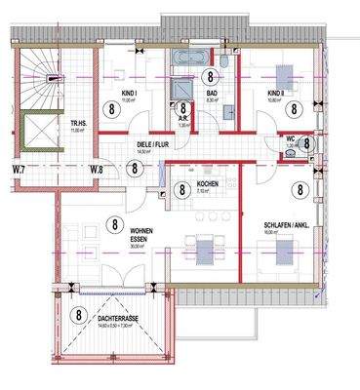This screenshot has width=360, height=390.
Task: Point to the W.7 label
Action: click(x=18, y=171)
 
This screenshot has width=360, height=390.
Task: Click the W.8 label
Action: click(x=96, y=171)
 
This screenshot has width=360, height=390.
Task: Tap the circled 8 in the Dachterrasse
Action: click(x=78, y=315)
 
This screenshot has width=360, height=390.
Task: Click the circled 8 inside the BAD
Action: click(x=208, y=75)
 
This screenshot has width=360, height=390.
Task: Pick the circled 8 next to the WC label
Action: click(x=305, y=141)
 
